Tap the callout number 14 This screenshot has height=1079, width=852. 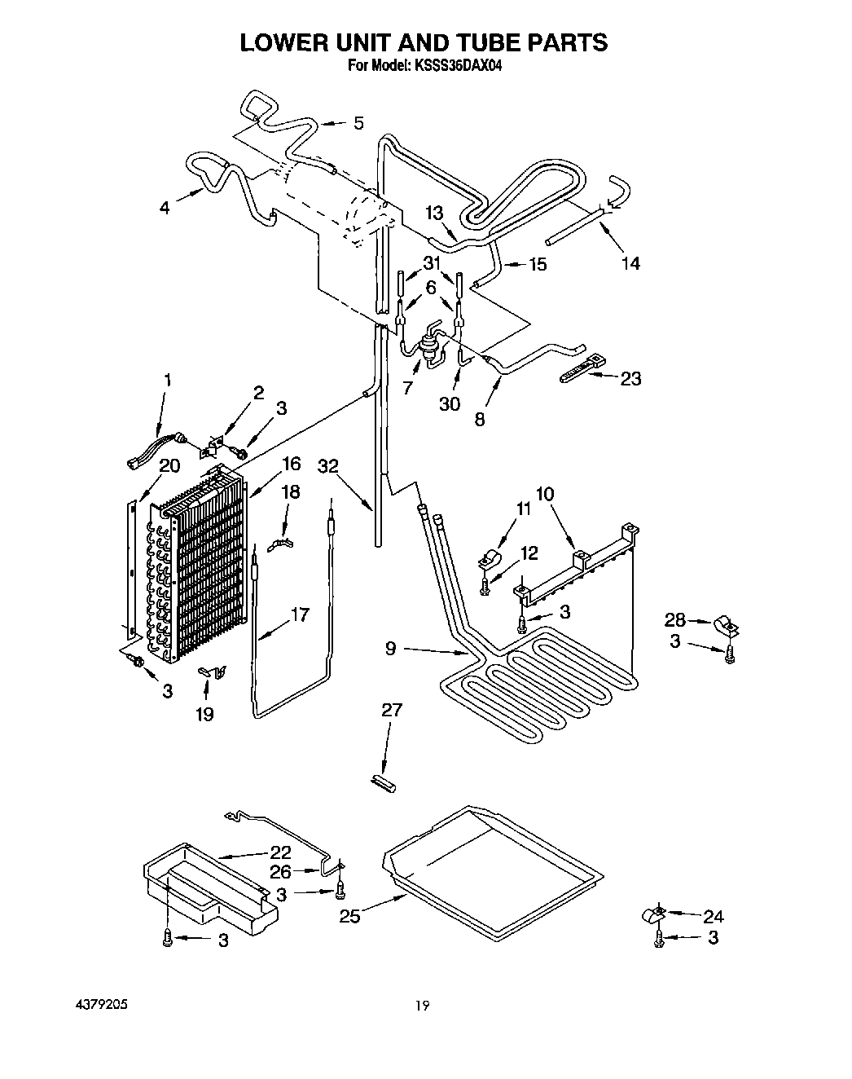(630, 262)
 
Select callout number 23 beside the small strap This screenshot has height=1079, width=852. (630, 378)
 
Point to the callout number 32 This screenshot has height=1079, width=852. (329, 466)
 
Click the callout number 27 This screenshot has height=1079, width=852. (392, 710)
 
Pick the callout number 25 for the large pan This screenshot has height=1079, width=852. (349, 917)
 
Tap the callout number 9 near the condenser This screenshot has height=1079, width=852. (391, 649)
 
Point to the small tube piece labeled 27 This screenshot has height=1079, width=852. (383, 783)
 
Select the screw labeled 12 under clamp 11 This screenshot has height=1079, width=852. (486, 586)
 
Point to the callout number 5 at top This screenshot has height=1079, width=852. (358, 124)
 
